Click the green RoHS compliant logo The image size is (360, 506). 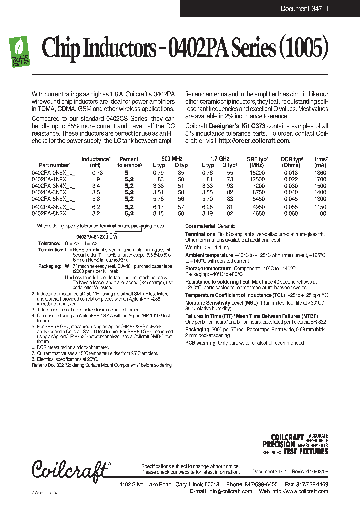(19, 52)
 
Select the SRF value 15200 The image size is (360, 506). (258, 172)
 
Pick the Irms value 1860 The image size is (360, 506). (320, 172)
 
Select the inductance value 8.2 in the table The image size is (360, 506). (96, 213)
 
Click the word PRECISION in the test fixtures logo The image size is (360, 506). (279, 444)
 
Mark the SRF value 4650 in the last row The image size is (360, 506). (258, 213)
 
